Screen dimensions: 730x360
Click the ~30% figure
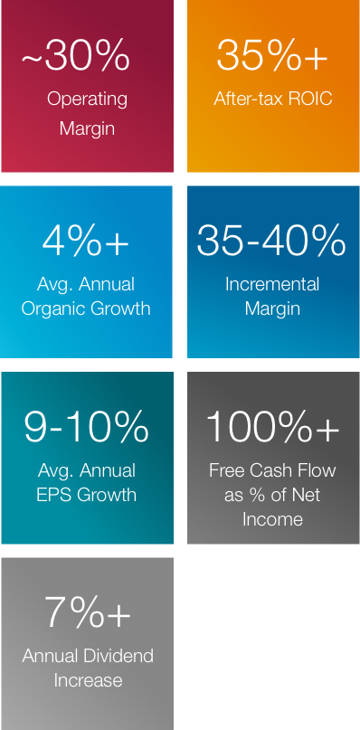76,57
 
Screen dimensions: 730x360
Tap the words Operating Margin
87,113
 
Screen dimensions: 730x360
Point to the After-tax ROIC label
273,99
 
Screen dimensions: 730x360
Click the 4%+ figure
86,242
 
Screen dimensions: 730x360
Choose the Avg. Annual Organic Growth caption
87,296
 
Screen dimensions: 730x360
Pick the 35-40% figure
272,242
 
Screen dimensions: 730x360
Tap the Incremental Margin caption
272,296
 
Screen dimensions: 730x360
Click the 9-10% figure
87,428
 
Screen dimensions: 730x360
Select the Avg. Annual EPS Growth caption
87,482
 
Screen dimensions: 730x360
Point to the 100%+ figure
272,427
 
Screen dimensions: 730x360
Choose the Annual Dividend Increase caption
88,668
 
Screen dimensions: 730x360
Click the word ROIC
310,99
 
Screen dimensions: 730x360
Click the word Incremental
272,284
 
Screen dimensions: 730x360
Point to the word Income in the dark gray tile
272,519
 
